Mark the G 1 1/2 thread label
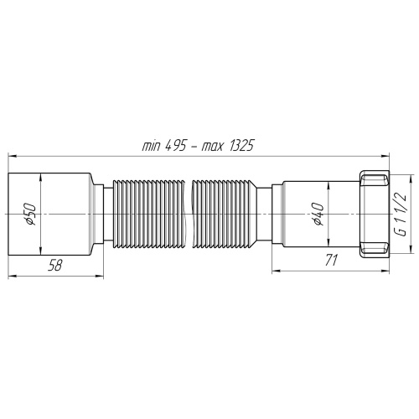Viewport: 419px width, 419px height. [x=402, y=215]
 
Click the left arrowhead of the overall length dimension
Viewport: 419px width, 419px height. [x=13, y=155]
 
